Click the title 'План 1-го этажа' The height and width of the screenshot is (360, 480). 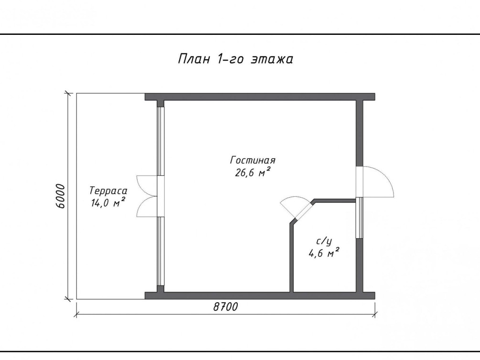point(235,59)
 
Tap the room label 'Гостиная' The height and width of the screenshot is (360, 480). point(253,160)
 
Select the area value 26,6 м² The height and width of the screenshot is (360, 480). point(253,172)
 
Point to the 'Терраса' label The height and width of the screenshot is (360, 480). point(108,191)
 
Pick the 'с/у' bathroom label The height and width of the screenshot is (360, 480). point(324,242)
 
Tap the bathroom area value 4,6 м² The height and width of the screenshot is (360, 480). point(323,253)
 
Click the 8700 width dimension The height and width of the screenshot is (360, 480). point(225,307)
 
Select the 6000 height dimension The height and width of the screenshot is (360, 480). point(61,196)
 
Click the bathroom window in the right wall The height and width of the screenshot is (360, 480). point(359,218)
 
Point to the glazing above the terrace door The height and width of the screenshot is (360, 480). point(160,141)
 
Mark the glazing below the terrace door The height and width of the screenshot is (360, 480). point(160,251)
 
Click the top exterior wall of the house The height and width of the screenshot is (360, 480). point(260,97)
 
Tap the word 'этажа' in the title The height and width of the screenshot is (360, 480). point(272,59)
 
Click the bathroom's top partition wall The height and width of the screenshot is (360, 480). point(334,201)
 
